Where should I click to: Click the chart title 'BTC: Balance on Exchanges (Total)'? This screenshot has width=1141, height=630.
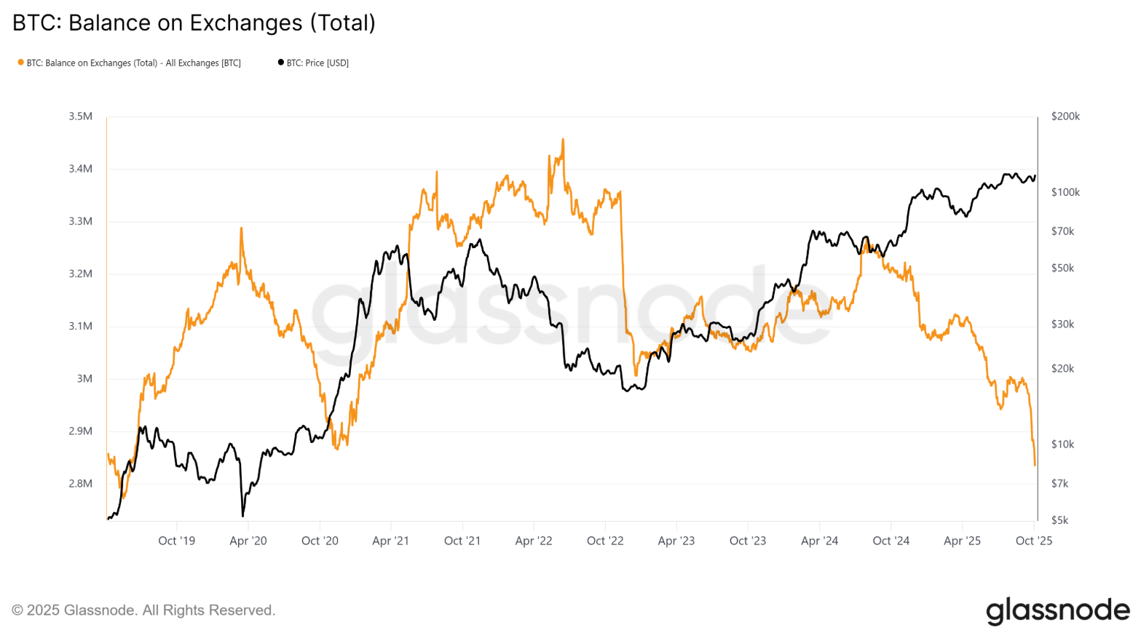(x=194, y=23)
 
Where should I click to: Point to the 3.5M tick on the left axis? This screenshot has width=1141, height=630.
(x=79, y=116)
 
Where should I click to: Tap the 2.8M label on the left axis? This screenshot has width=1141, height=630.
(x=79, y=484)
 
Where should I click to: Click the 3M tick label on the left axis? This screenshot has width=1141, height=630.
(x=84, y=379)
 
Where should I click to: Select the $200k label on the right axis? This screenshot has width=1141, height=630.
(x=1065, y=116)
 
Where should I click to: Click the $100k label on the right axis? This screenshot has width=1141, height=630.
(x=1065, y=193)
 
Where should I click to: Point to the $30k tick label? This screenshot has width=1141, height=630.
(x=1062, y=324)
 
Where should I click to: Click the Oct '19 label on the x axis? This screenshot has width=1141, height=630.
(x=177, y=541)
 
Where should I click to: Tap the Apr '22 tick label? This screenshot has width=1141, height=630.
(x=534, y=541)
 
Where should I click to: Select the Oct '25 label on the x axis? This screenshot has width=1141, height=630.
(x=1034, y=541)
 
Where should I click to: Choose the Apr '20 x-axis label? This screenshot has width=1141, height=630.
(x=248, y=541)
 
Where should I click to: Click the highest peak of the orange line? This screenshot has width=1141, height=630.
(x=563, y=139)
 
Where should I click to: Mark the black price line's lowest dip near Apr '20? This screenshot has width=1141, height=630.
(x=242, y=516)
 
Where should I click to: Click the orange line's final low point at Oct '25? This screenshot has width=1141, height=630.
(x=1035, y=465)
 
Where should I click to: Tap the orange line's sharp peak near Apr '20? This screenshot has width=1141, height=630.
(x=241, y=228)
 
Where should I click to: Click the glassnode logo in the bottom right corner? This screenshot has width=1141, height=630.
(x=1057, y=611)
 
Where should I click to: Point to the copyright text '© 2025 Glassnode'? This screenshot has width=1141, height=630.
(x=143, y=610)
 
